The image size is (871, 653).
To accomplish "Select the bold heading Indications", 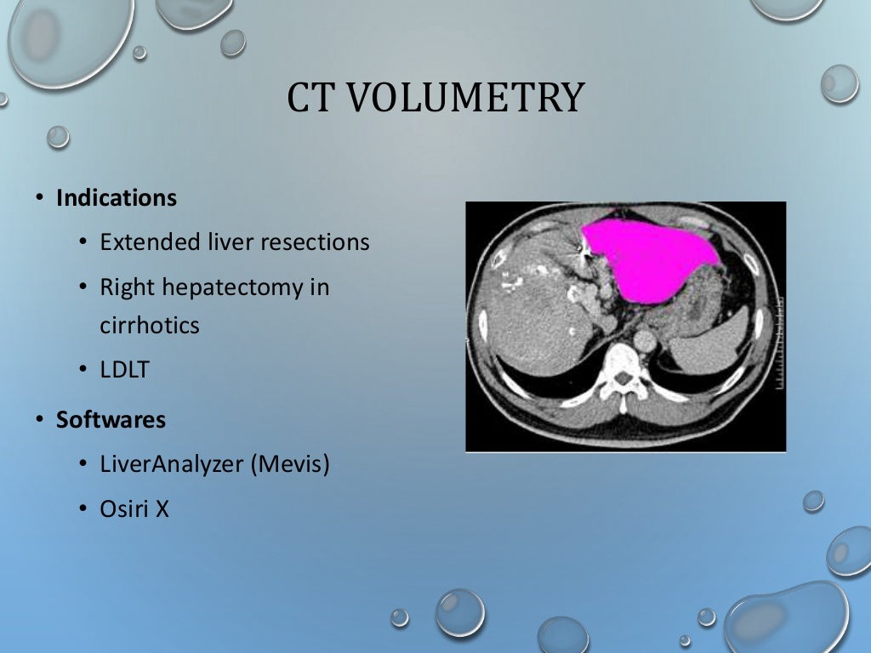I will click(x=117, y=198).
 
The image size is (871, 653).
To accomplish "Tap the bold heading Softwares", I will click(x=111, y=419).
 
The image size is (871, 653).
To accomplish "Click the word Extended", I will click(x=150, y=242).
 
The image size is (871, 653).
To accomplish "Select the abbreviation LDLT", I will click(x=124, y=370).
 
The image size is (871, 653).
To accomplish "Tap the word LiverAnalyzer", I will click(x=172, y=465).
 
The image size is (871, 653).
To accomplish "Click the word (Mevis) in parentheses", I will click(x=289, y=465).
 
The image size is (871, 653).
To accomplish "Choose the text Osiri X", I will click(x=134, y=509).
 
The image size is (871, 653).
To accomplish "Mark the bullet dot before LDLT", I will click(x=83, y=371).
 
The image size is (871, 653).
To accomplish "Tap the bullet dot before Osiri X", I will click(x=83, y=510).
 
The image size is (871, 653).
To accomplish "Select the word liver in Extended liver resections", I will click(x=231, y=242).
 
